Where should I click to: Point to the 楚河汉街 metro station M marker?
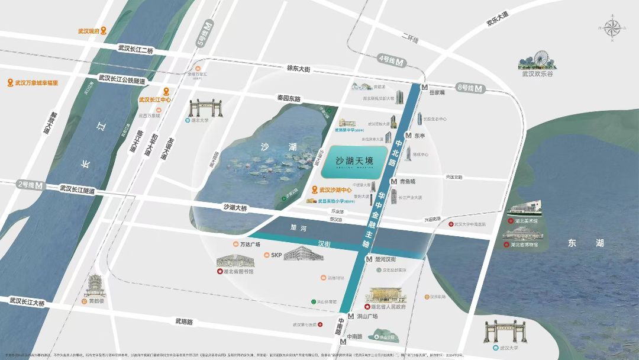(369, 259)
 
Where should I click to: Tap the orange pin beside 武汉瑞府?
(104, 31)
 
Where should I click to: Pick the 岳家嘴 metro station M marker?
(424, 87)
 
